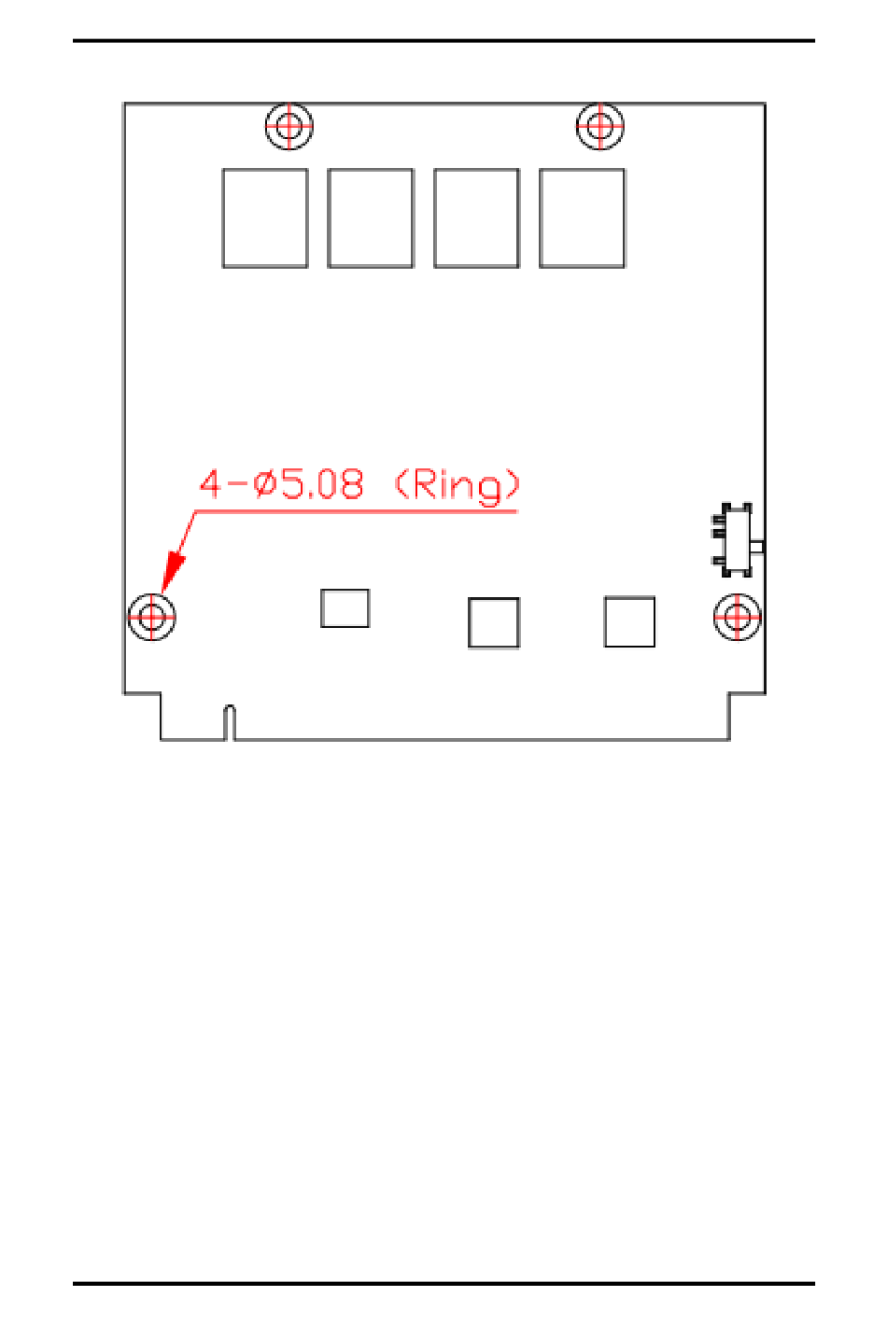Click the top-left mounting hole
[289, 125]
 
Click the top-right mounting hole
[599, 125]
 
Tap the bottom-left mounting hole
[151, 616]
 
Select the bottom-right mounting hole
[737, 616]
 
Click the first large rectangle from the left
[265, 218]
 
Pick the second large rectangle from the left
[371, 218]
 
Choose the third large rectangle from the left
[476, 218]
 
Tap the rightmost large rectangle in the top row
[582, 218]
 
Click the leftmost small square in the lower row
[345, 608]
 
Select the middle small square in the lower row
[493, 622]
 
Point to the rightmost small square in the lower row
[629, 621]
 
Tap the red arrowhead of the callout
[173, 570]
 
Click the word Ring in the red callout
[458, 485]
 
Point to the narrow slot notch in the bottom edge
[230, 723]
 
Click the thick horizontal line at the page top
[443, 41]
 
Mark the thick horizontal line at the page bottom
[443, 1284]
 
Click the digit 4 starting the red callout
[212, 484]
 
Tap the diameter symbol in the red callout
[265, 485]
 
